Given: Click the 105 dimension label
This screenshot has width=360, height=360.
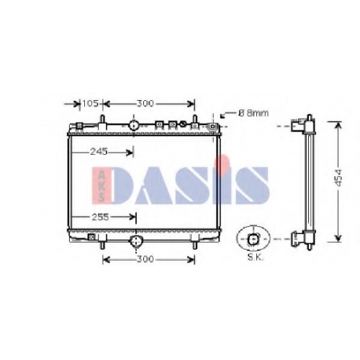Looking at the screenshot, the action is (x=90, y=104).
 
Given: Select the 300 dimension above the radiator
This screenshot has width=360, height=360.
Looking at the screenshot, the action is (x=145, y=104).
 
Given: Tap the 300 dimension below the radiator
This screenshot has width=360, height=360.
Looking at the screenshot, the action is (x=145, y=259).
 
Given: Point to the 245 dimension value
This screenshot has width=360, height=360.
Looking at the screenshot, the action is (x=99, y=152).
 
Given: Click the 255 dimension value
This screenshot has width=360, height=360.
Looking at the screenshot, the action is (x=100, y=217).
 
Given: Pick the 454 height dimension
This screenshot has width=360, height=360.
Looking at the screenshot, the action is (x=338, y=178).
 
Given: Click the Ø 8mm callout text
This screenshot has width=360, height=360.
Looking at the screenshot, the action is (x=253, y=113).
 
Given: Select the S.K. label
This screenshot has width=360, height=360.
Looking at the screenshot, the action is (x=256, y=258).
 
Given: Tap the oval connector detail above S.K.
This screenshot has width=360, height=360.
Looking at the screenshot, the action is (x=253, y=238).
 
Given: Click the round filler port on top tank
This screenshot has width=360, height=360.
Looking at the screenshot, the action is (x=134, y=125).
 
